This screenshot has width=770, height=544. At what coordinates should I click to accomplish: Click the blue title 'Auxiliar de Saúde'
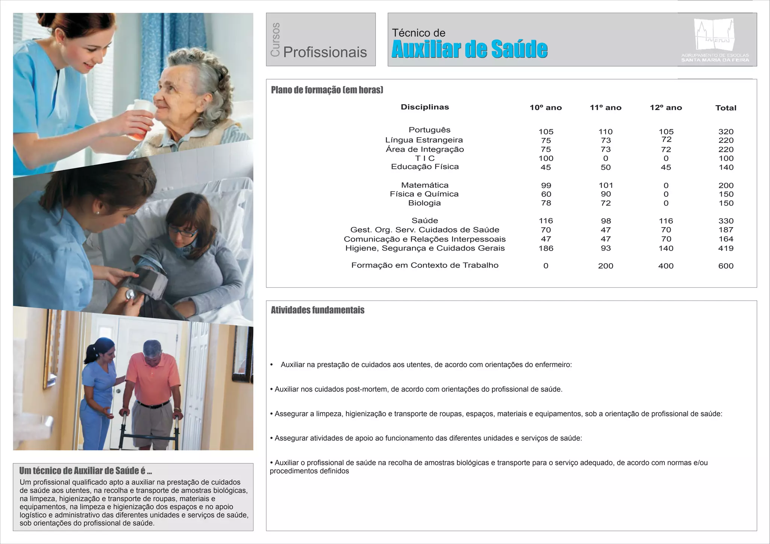pos(469,49)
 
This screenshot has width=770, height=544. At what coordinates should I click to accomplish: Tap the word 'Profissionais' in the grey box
pos(325,52)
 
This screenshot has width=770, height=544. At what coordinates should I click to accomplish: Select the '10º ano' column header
pos(546,108)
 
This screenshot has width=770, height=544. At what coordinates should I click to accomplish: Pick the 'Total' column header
pos(726,108)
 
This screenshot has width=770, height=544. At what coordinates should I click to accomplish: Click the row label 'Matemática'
pos(424,185)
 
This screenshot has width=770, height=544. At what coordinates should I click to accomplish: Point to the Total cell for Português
pos(726,132)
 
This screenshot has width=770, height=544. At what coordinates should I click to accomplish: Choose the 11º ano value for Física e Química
pos(606,194)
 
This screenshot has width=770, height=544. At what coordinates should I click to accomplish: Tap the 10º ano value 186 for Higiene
pos(546,248)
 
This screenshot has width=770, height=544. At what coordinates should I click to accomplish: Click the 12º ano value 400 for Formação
pos(665,266)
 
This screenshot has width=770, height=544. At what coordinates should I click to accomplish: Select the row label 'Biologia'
pos(424,203)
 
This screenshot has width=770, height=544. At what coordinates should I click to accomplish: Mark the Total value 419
pos(726,248)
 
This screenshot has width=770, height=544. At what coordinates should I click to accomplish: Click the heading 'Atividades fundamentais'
pos(317,310)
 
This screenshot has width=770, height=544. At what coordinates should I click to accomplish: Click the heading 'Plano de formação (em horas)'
pos(327,90)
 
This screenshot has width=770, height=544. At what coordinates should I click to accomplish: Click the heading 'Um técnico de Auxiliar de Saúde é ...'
pos(85,471)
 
